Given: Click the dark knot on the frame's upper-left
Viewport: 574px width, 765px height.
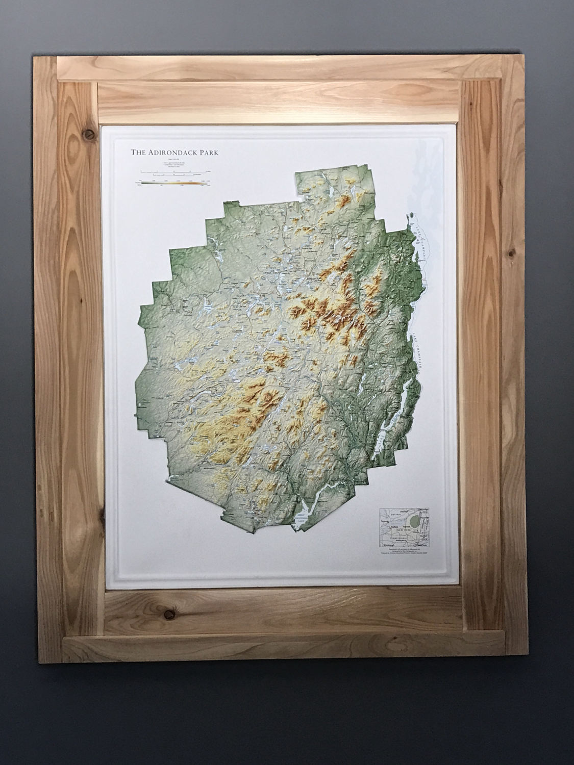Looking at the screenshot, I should [90, 135].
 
